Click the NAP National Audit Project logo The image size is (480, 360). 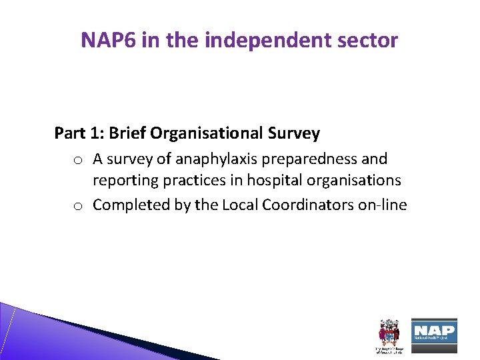433,331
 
